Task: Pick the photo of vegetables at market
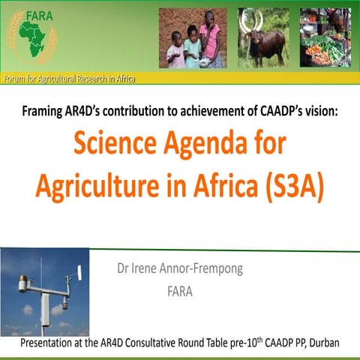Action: (328, 37)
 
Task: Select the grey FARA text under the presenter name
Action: (179, 292)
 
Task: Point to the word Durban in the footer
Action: (320, 343)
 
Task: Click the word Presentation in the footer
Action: (50, 343)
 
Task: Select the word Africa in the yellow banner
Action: (132, 79)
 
